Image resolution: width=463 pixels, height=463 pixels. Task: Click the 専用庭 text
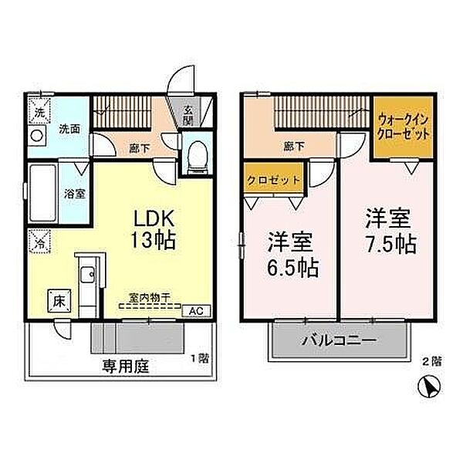(124, 367)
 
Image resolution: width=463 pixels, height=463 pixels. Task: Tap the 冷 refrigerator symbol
(39, 241)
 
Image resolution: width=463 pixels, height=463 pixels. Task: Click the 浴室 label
(74, 193)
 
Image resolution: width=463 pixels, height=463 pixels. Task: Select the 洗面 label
(69, 129)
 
